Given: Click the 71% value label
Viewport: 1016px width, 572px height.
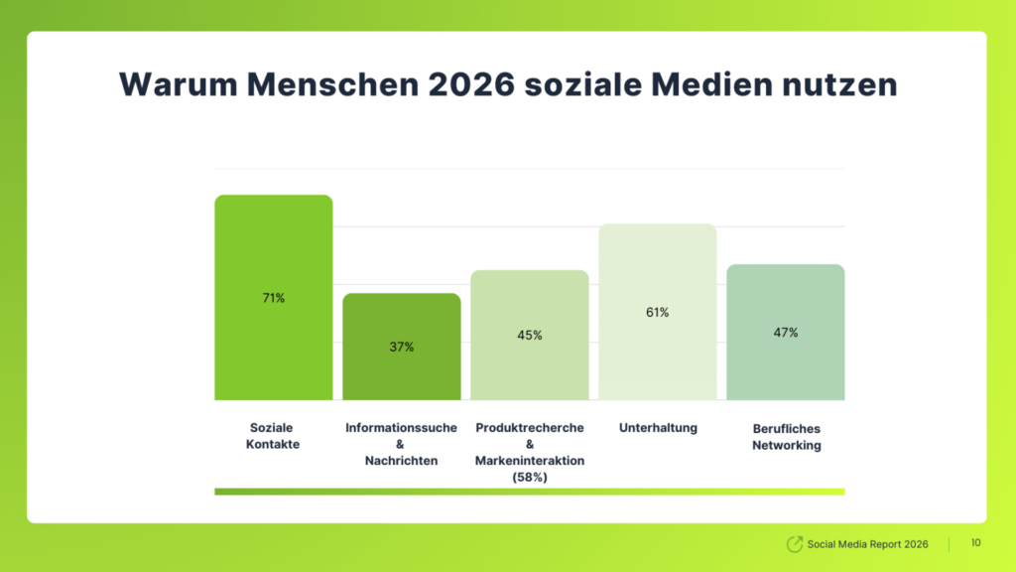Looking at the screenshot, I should [x=273, y=298].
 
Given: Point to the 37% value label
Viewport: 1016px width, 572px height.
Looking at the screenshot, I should [x=402, y=347].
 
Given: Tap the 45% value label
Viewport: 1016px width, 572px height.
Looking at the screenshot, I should [x=530, y=335].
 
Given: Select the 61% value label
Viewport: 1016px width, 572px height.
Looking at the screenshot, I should [x=657, y=312].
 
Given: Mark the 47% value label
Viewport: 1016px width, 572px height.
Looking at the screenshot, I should [x=785, y=332].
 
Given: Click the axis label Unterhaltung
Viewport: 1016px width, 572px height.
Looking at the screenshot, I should [x=658, y=428].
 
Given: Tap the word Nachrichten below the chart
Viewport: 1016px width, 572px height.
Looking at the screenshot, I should [x=401, y=461].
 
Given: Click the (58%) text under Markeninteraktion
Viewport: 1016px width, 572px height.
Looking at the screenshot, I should [x=530, y=478].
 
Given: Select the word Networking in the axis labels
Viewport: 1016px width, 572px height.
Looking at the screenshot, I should [x=786, y=446].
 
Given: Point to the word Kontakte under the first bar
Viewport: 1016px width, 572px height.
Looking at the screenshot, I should [x=273, y=445].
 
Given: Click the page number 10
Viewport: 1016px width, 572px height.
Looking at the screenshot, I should [x=975, y=543].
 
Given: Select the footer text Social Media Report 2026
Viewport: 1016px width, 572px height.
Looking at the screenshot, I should [x=867, y=544].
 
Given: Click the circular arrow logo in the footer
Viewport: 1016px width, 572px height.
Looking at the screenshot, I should [x=794, y=544].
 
